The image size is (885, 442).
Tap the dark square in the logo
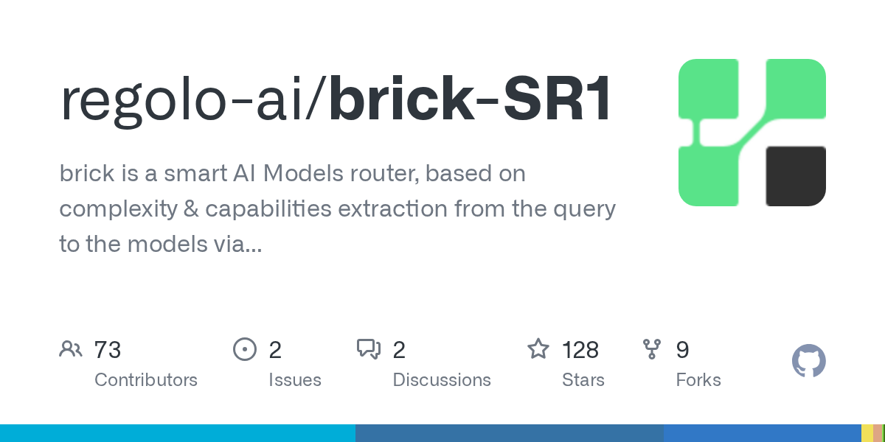click(796, 176)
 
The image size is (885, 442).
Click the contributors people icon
click(71, 349)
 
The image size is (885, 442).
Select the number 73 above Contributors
click(108, 350)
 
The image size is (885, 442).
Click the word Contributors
click(146, 380)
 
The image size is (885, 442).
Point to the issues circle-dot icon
click(245, 349)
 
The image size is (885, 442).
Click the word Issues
click(295, 380)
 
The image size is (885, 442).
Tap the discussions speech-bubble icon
click(369, 349)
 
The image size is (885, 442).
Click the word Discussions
click(442, 380)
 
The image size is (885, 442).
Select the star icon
click(538, 349)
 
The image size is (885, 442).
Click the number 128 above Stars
click(580, 350)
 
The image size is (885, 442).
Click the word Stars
click(583, 380)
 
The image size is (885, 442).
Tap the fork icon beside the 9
click(652, 349)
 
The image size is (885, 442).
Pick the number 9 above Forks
click(682, 350)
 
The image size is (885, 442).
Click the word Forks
click(698, 380)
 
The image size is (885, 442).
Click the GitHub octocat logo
click(809, 361)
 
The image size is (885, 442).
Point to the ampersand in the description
click(191, 209)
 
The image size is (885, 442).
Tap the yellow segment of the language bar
click(867, 433)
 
